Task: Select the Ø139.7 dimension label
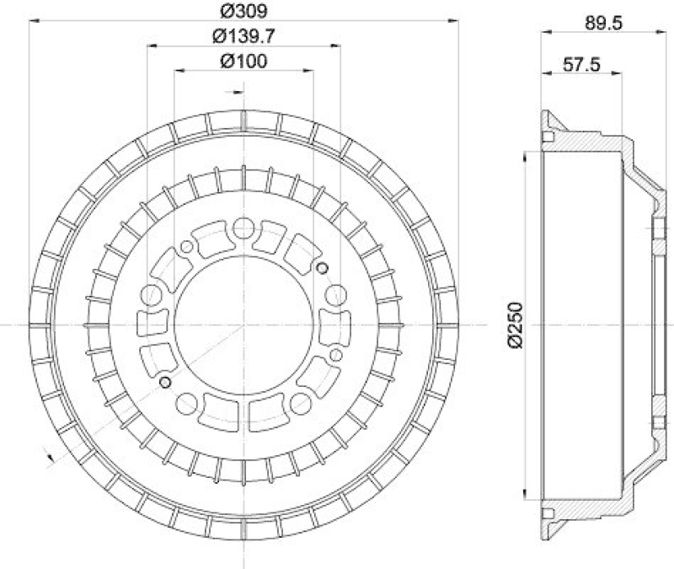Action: tap(244, 36)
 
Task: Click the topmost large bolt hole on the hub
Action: tap(243, 227)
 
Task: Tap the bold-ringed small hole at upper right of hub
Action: tap(322, 267)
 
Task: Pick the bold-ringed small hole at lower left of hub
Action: tap(165, 384)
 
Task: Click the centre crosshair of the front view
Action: tap(243, 325)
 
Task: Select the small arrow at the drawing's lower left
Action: tap(49, 458)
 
